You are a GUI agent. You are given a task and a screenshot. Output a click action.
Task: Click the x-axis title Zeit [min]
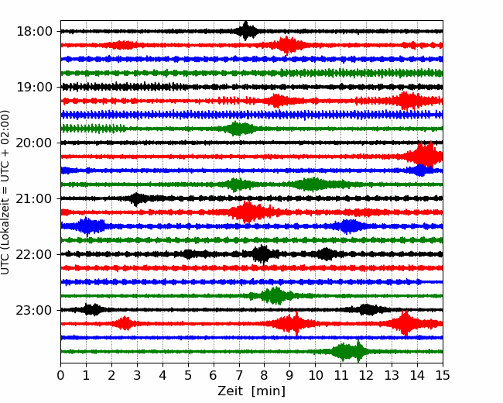pyautogui.click(x=251, y=391)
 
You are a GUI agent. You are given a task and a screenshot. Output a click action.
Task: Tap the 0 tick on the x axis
pyautogui.click(x=61, y=376)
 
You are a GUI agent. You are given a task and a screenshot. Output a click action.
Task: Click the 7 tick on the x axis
pyautogui.click(x=239, y=376)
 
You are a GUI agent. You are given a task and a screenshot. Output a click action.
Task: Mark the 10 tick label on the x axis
pyautogui.click(x=315, y=376)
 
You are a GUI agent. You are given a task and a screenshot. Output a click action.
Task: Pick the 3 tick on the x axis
pyautogui.click(x=137, y=376)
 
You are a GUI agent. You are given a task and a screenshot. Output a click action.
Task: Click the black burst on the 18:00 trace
pyautogui.click(x=247, y=31)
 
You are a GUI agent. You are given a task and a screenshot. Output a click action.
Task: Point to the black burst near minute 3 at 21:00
pyautogui.click(x=138, y=199)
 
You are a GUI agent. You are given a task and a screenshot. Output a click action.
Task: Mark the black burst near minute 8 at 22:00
pyautogui.click(x=262, y=254)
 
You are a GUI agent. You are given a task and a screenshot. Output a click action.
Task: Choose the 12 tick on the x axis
pyautogui.click(x=366, y=376)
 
